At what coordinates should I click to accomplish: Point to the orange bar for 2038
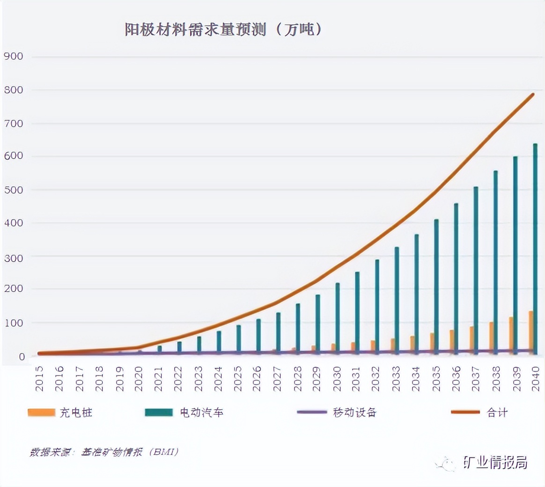pyautogui.click(x=491, y=337)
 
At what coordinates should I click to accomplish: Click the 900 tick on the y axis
pyautogui.click(x=14, y=57)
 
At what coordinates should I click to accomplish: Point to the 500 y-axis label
pyautogui.click(x=14, y=190)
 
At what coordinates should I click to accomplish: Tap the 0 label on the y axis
pyautogui.click(x=22, y=357)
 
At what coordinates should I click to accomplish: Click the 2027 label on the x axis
pyautogui.click(x=277, y=379)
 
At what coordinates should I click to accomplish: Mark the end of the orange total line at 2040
pyautogui.click(x=533, y=95)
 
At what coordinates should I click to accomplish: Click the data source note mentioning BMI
pyautogui.click(x=104, y=452)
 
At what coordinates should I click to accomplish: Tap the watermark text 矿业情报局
pyautogui.click(x=495, y=463)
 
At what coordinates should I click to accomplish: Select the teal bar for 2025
pyautogui.click(x=238, y=338)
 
